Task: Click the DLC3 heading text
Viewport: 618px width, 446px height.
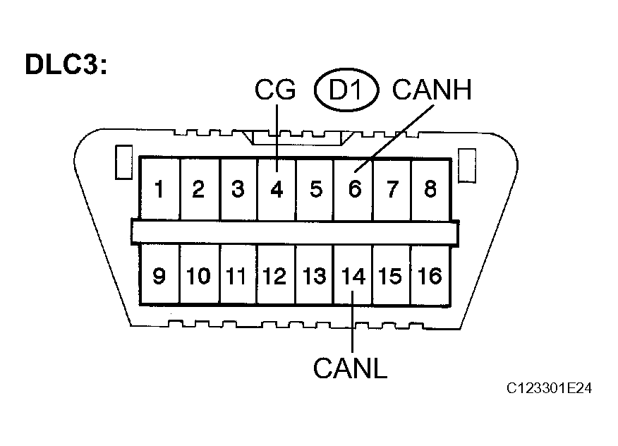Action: (66, 64)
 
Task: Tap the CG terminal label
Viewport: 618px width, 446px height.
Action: (275, 90)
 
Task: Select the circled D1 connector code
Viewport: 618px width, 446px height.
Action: (346, 90)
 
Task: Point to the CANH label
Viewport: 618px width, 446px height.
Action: (432, 90)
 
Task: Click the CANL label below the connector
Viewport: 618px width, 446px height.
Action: (351, 368)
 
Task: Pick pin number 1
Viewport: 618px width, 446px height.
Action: (159, 189)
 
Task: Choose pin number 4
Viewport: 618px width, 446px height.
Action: (277, 189)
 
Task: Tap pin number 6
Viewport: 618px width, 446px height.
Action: (355, 189)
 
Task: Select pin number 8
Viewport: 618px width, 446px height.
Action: (430, 189)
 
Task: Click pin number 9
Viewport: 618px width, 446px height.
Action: (159, 276)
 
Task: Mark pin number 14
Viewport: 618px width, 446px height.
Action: (353, 276)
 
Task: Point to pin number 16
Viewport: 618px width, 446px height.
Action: (430, 276)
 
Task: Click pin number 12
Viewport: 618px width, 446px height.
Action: (274, 276)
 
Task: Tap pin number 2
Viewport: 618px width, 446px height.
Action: (198, 189)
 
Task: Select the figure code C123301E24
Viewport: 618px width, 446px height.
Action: (549, 388)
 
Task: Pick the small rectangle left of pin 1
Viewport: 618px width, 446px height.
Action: (123, 162)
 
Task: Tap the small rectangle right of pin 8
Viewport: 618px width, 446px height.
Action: (467, 166)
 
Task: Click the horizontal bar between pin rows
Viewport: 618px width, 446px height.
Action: (295, 233)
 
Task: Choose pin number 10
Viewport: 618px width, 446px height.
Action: (198, 276)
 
